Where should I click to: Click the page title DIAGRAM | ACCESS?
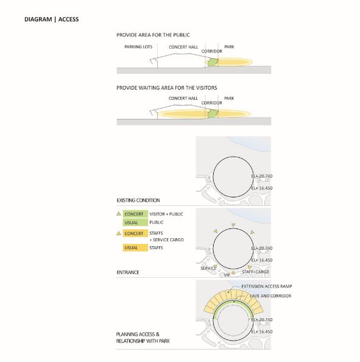(x=51, y=19)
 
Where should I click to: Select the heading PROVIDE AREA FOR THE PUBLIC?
(x=153, y=35)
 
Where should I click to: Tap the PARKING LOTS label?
(x=138, y=47)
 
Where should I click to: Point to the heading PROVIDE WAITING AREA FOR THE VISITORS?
(x=167, y=88)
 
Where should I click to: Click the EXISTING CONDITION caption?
(x=138, y=200)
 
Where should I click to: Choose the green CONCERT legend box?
(x=135, y=214)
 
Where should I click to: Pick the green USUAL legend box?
(x=135, y=222)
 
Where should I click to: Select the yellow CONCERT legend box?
(x=135, y=233)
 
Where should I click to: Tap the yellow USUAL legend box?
(x=135, y=247)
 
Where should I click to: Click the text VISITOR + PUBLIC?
(x=166, y=214)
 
